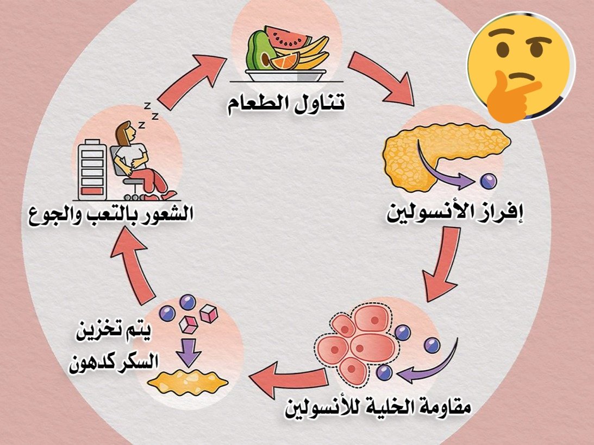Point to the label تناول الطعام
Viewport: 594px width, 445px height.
point(286,103)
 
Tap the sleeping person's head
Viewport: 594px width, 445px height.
point(127,133)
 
